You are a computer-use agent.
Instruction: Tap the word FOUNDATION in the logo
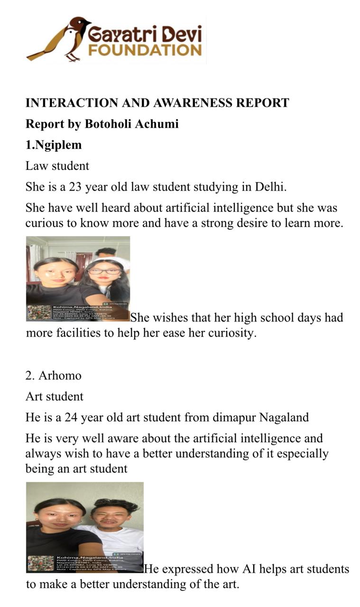(x=145, y=50)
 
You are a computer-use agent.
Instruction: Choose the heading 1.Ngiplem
(x=53, y=145)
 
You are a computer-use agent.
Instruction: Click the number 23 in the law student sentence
(x=76, y=187)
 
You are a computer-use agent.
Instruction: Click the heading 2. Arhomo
(x=53, y=376)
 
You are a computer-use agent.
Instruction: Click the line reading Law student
(x=57, y=166)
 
